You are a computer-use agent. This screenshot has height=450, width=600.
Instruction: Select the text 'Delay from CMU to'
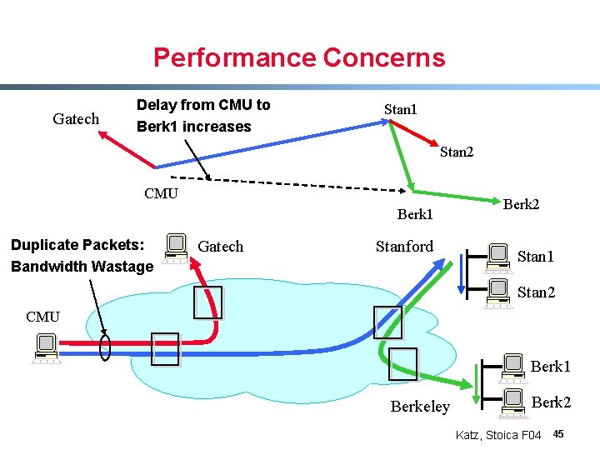tap(203, 105)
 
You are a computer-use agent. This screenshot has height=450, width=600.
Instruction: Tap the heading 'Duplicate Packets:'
tap(77, 245)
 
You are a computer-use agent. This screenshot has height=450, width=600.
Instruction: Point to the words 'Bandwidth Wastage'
tap(82, 267)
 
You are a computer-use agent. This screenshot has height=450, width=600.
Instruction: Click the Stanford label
tap(404, 246)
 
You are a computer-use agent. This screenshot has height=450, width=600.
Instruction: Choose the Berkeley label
tap(419, 407)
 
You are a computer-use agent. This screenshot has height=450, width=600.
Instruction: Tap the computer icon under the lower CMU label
tap(45, 348)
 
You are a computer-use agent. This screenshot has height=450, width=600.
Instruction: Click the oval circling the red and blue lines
tap(105, 347)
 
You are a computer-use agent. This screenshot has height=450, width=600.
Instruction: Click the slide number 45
tap(558, 434)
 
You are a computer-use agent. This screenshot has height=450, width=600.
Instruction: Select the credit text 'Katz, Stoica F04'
tap(498, 435)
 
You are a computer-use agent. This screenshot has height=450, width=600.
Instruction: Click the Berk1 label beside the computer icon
tap(551, 366)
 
